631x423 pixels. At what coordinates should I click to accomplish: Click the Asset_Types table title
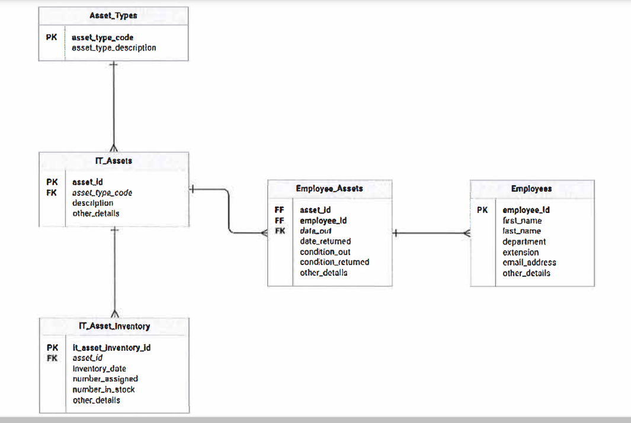tap(113, 16)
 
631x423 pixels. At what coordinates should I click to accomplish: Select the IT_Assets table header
tap(113, 160)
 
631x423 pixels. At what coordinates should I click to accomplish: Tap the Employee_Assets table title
tap(329, 188)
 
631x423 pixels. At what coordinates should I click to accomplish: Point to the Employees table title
tap(531, 189)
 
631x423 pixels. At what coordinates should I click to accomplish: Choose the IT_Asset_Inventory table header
tap(114, 326)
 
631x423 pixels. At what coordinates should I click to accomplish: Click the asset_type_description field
tap(114, 47)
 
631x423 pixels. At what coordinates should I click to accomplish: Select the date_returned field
tap(325, 241)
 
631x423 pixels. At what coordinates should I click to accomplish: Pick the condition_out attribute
tap(325, 251)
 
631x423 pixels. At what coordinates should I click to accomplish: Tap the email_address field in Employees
tap(529, 262)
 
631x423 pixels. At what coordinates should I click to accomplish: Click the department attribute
tap(524, 241)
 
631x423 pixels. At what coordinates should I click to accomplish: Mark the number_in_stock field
tap(104, 389)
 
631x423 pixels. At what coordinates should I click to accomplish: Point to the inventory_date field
tap(99, 369)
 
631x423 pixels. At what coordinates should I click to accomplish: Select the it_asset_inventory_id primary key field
tap(111, 347)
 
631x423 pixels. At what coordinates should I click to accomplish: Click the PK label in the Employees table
tap(482, 209)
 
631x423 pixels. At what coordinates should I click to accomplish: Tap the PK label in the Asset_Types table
tap(52, 37)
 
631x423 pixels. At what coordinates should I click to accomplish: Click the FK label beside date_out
tap(280, 231)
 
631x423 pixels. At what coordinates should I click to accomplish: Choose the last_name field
tap(521, 231)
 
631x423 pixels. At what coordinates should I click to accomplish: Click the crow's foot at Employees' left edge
tap(466, 234)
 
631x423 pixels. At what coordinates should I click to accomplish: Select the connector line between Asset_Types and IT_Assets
tap(114, 106)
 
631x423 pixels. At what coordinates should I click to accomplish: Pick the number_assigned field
tap(105, 379)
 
